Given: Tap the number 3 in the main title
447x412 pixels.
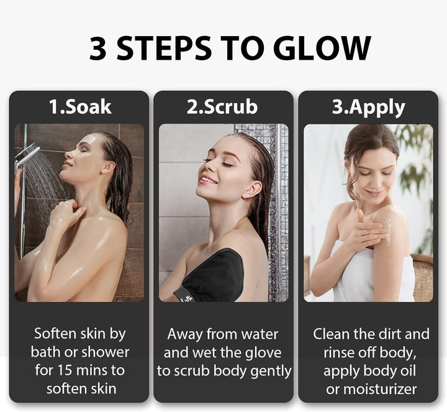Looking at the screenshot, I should (97, 48).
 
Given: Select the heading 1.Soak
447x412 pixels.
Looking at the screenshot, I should (80, 106).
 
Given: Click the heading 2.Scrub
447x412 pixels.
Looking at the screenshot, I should (222, 106).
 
